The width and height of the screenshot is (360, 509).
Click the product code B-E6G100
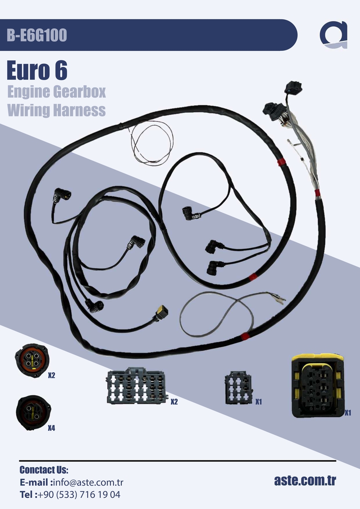coord(37,35)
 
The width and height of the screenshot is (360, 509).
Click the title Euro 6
coord(37,71)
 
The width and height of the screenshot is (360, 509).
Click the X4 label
coord(52,428)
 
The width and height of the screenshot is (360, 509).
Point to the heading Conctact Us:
coord(44,470)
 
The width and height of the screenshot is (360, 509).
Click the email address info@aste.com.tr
coord(88,482)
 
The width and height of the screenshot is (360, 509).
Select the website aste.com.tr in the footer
coord(305,480)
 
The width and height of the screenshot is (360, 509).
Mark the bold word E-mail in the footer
coord(35,482)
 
